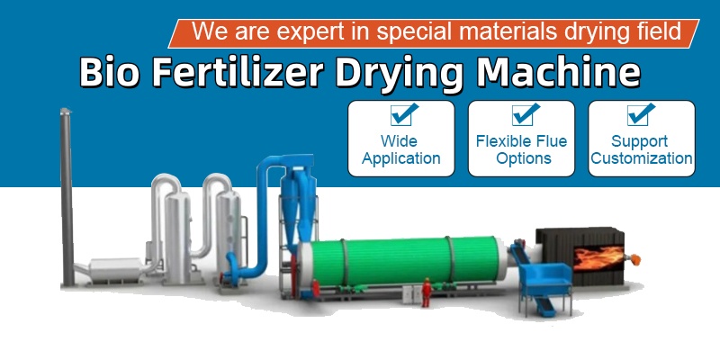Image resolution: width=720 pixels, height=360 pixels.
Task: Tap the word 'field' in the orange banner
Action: click(659, 32)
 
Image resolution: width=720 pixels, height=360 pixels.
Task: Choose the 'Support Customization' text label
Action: click(640, 149)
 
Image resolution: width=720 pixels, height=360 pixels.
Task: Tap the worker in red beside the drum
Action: click(426, 290)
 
